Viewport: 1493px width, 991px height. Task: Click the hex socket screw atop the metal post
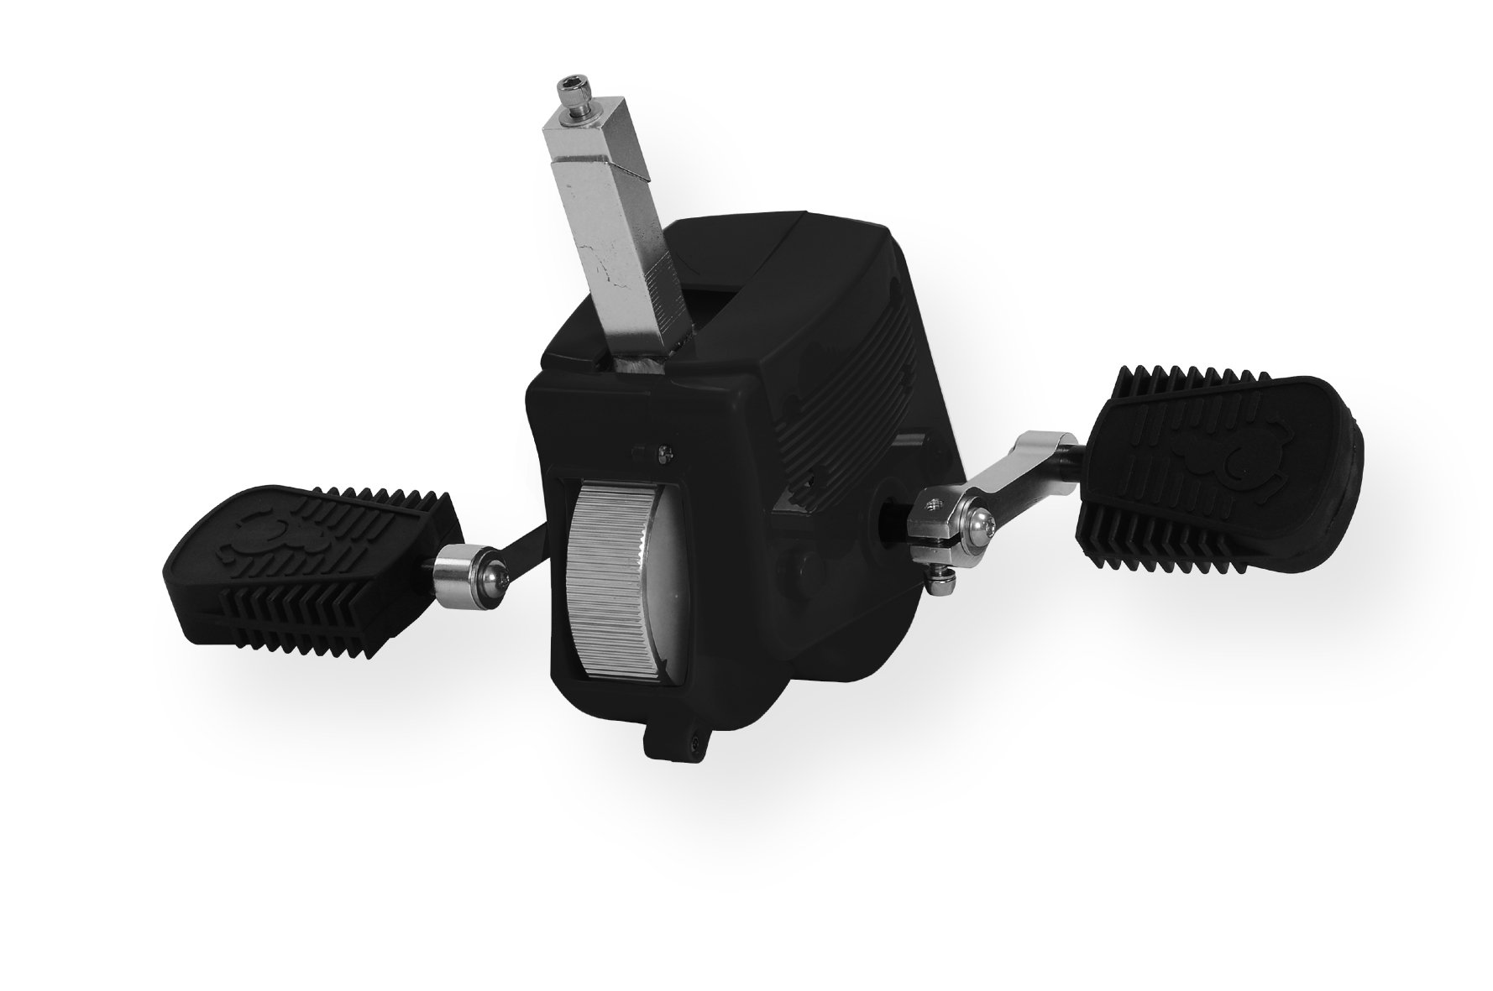coord(574,86)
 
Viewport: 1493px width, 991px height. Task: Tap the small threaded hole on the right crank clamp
coord(932,505)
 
